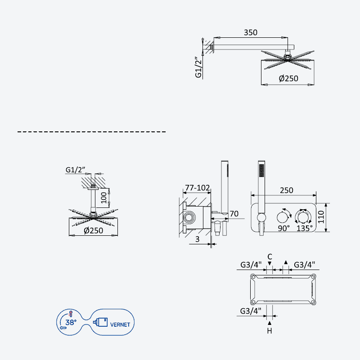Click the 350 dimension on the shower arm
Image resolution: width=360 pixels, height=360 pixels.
pos(251,32)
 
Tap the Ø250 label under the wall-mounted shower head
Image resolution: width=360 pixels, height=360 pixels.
pos(288,78)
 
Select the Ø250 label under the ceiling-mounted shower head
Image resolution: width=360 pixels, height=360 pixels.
pos(94,230)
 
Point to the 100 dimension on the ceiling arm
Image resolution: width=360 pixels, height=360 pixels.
pos(104,198)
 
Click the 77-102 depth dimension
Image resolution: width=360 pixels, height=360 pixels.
pos(198,188)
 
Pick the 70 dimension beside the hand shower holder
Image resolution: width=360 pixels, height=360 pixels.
pos(234,214)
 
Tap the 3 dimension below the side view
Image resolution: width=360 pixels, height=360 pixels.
pos(198,239)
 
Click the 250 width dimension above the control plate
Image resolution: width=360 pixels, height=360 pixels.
pos(287,190)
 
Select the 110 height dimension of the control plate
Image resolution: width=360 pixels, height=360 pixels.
pos(321,217)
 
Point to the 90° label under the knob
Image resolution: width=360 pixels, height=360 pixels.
pos(284,228)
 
